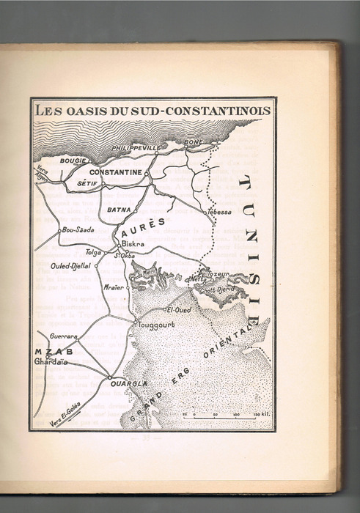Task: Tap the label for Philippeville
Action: (x=136, y=148)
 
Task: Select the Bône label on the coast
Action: (x=194, y=141)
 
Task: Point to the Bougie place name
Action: (x=73, y=159)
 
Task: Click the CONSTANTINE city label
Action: (x=116, y=171)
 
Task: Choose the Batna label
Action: (x=119, y=210)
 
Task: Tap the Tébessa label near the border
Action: (x=218, y=212)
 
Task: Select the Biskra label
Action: (x=133, y=244)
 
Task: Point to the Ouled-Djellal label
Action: (x=71, y=267)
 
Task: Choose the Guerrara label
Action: (x=64, y=336)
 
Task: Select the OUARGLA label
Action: (x=129, y=383)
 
